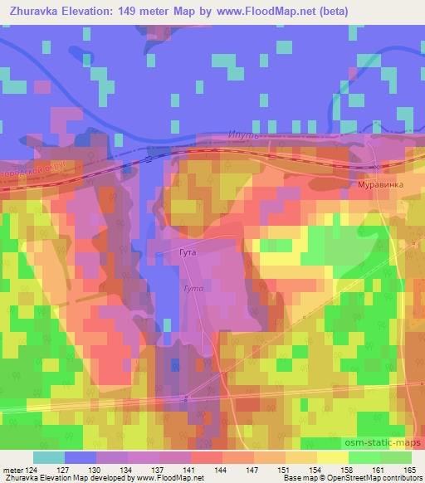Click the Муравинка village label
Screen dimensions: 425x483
click(x=379, y=186)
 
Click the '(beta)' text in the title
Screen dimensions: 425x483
click(x=331, y=11)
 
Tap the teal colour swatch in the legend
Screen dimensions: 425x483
click(x=49, y=456)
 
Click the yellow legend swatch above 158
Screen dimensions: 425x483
click(x=333, y=456)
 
